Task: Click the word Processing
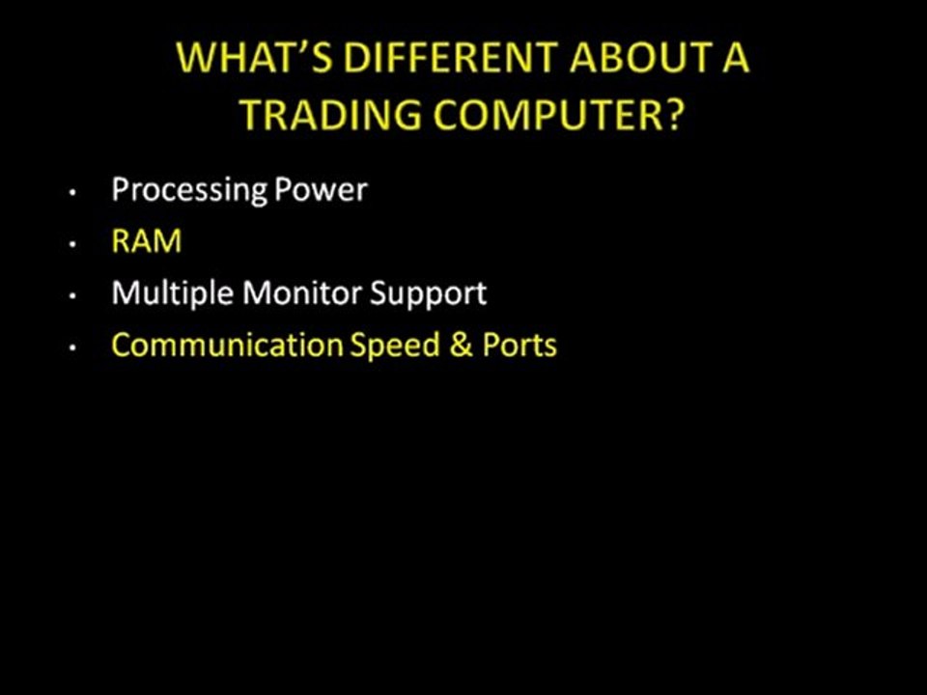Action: [x=189, y=189]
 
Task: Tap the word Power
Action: [x=321, y=189]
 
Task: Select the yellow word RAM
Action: [x=146, y=241]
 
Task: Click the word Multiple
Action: [x=173, y=293]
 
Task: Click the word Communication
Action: [x=227, y=346]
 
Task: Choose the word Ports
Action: [x=520, y=346]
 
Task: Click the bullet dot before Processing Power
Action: [x=72, y=193]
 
